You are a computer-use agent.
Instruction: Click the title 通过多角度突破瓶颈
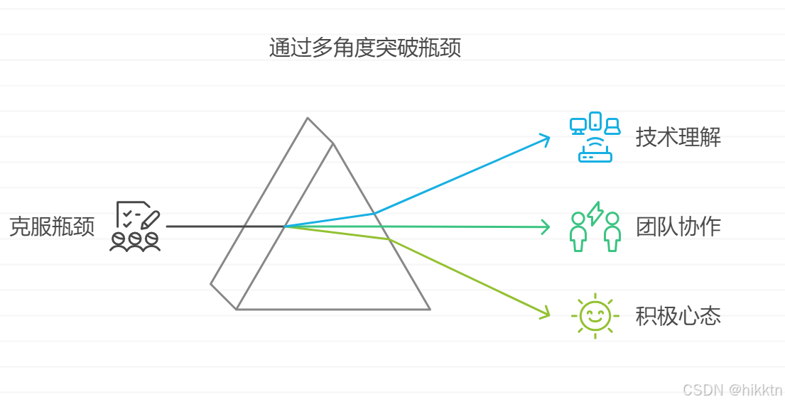click(x=365, y=48)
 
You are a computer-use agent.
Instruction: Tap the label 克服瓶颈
click(x=52, y=226)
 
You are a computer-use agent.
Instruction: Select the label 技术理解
click(x=678, y=137)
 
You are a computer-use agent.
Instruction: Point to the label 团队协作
click(x=678, y=226)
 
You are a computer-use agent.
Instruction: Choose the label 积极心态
click(x=678, y=316)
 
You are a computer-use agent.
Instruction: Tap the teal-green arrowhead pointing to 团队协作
click(x=546, y=227)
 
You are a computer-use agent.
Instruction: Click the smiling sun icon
click(x=595, y=316)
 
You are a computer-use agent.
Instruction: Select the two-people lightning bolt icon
click(x=595, y=226)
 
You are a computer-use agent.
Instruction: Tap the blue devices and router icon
click(x=595, y=137)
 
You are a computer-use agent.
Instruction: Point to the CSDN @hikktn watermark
click(x=732, y=390)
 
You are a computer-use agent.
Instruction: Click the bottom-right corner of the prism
click(x=430, y=309)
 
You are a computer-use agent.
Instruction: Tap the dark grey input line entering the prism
click(x=213, y=226)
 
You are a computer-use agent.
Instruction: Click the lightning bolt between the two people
click(x=595, y=213)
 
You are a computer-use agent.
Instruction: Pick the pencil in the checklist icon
click(x=150, y=219)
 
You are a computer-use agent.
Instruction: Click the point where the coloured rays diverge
click(x=285, y=226)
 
